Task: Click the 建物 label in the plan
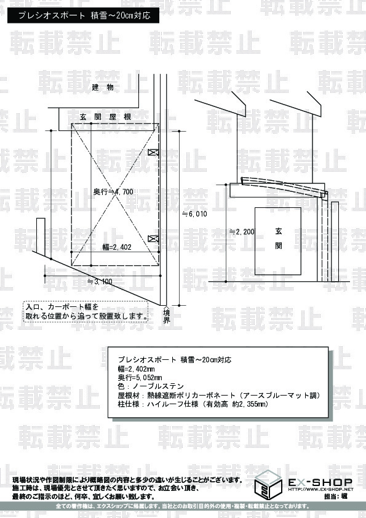[x=103, y=88]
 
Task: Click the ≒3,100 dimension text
[x=100, y=282]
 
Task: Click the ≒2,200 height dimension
[x=241, y=232]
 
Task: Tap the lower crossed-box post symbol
[x=154, y=238]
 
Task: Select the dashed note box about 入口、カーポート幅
[x=87, y=311]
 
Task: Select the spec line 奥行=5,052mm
[x=140, y=377]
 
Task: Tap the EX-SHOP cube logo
[x=271, y=484]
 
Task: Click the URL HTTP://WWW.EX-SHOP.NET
[x=320, y=490]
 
